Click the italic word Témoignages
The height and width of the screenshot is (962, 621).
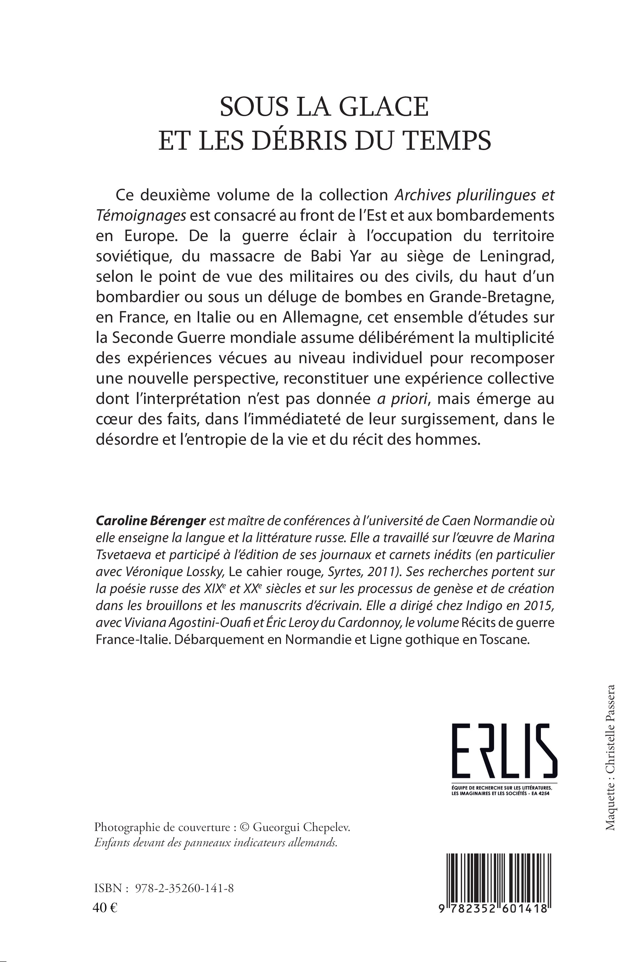coord(141,216)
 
